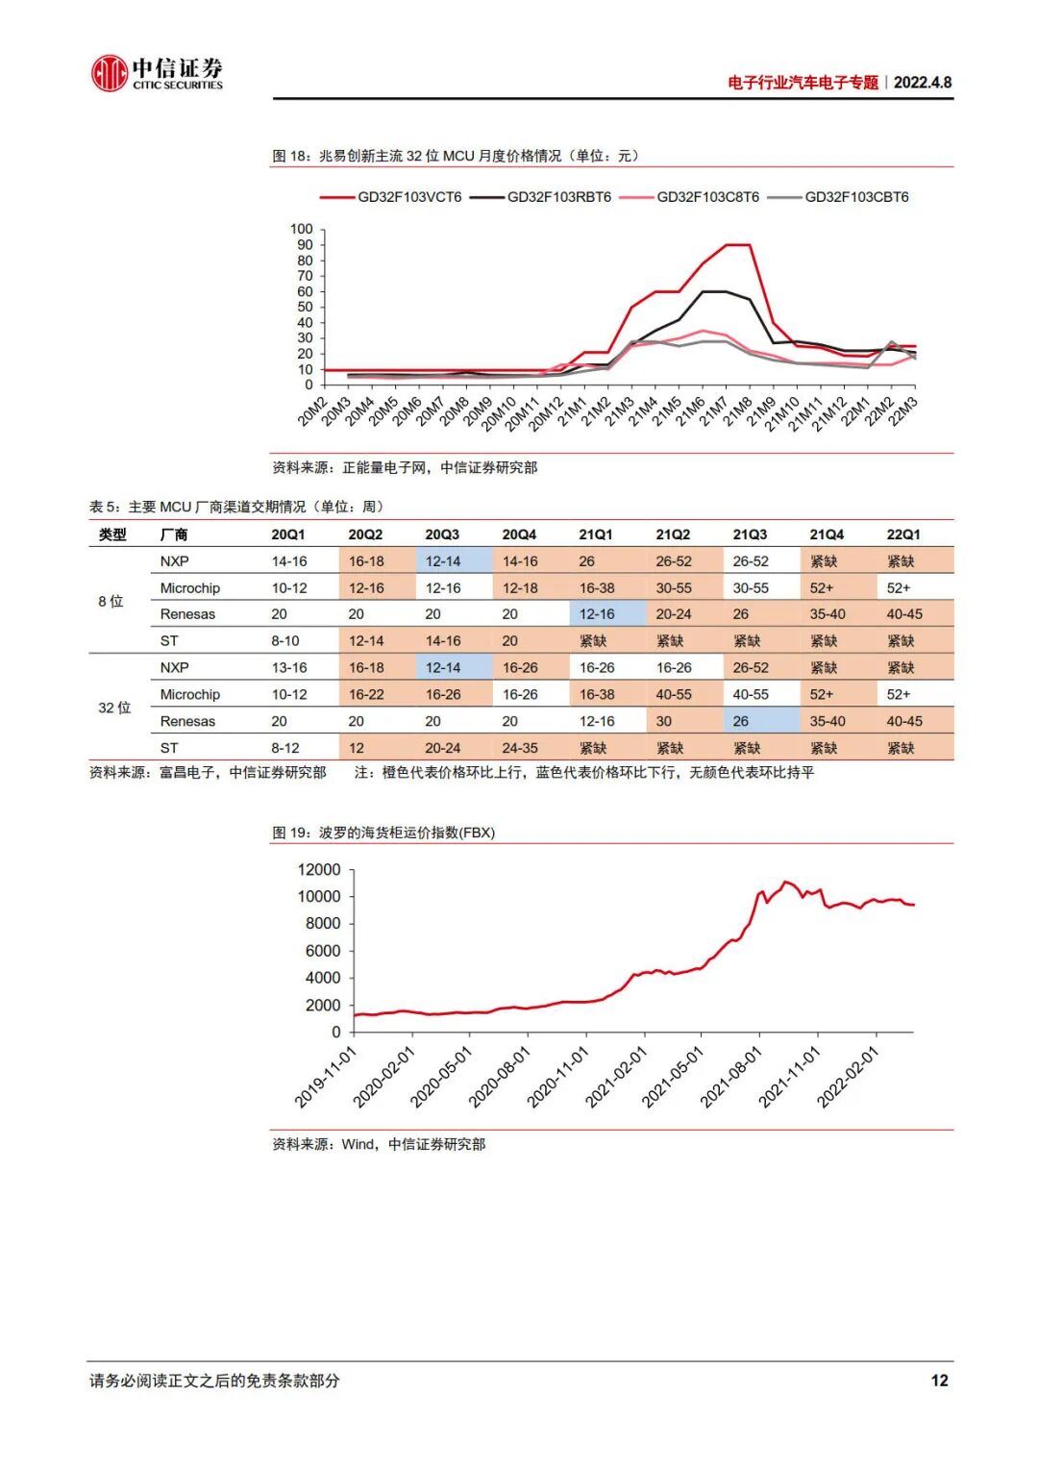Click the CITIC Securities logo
click(156, 73)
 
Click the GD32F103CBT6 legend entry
click(855, 197)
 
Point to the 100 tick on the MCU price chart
click(301, 229)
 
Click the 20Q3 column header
click(442, 535)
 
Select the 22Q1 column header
click(903, 535)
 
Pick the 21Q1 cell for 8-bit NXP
click(587, 561)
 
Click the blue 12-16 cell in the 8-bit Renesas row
click(597, 614)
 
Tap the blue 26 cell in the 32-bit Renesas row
click(741, 721)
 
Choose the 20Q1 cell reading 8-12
click(285, 748)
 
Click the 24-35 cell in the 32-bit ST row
click(520, 748)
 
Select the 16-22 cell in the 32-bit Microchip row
click(366, 694)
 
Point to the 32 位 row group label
click(114, 708)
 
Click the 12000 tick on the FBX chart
click(319, 870)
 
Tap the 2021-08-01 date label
click(731, 1077)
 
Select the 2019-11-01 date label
click(325, 1077)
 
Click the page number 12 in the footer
click(939, 1381)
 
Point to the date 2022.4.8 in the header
click(923, 83)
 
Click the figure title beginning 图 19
click(383, 833)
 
